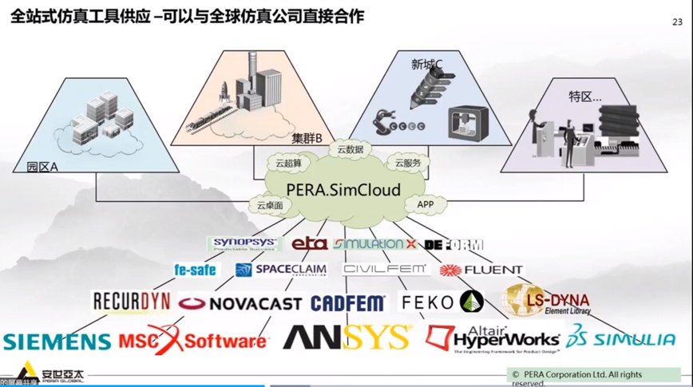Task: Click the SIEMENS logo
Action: [56, 342]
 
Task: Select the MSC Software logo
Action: [192, 339]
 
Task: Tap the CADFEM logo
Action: [347, 303]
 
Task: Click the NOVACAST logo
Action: [240, 303]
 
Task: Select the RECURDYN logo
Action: [131, 301]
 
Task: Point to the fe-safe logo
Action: [196, 270]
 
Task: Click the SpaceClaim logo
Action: [280, 270]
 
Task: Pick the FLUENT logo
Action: [481, 271]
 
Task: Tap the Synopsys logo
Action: [244, 243]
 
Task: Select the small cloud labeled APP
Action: [425, 205]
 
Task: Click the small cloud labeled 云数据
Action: [350, 149]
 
